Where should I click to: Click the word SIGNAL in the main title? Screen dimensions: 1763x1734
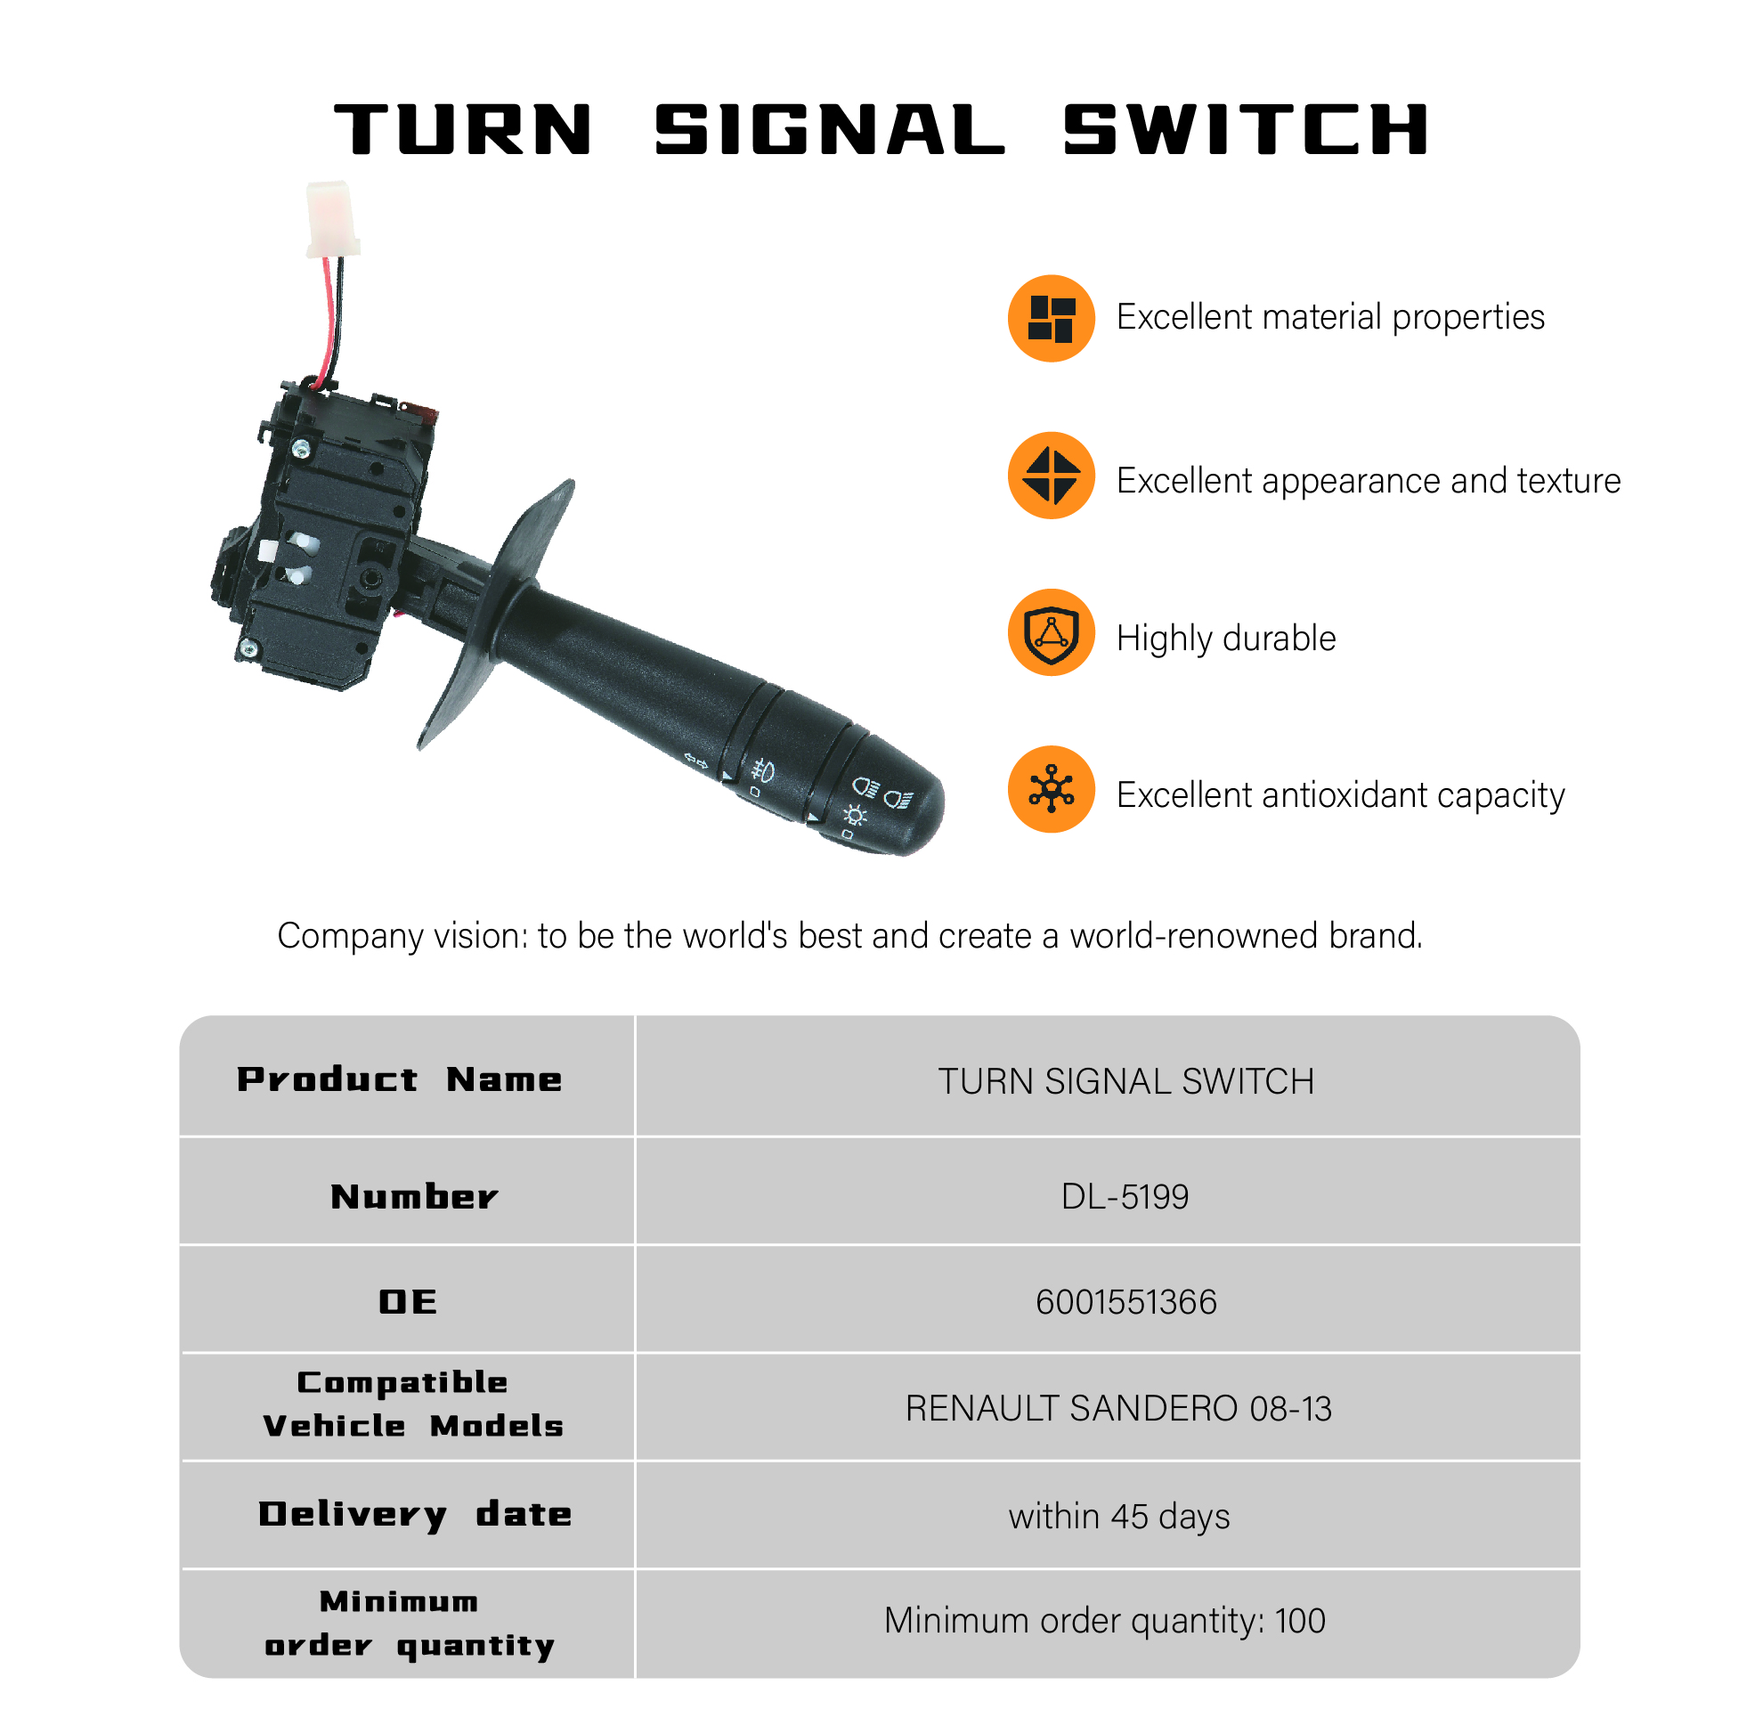(x=829, y=129)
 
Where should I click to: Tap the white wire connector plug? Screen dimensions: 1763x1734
(x=331, y=218)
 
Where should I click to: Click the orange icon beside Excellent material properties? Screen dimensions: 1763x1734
(x=1050, y=318)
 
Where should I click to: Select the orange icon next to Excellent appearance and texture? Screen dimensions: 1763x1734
(x=1050, y=476)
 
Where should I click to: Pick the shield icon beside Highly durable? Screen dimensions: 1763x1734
(x=1050, y=632)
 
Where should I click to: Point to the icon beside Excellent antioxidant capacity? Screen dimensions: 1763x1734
(x=1050, y=789)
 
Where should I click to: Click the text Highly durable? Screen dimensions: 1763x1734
(x=1226, y=639)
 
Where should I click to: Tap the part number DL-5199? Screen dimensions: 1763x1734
(x=1124, y=1196)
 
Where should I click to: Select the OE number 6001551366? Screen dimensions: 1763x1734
(x=1125, y=1301)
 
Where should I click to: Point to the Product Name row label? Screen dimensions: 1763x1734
(x=399, y=1079)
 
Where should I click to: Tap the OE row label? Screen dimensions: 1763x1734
(x=407, y=1301)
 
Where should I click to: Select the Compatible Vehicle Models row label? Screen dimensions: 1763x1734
(x=412, y=1404)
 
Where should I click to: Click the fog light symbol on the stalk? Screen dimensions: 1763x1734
(x=761, y=772)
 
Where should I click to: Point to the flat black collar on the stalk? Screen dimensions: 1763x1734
(x=496, y=615)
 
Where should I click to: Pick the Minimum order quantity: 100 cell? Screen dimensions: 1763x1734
(x=1104, y=1620)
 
